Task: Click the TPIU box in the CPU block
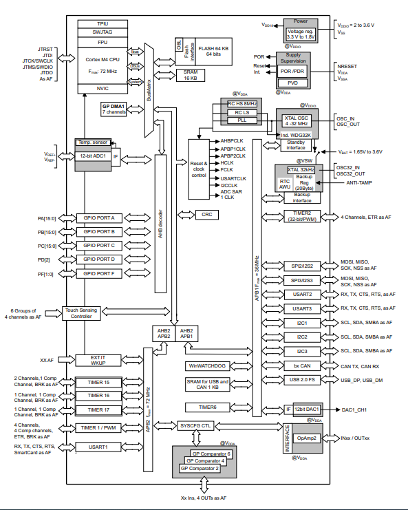(x=102, y=23)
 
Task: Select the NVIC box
(x=102, y=88)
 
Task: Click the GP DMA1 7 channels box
(x=114, y=109)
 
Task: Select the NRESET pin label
(x=347, y=65)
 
